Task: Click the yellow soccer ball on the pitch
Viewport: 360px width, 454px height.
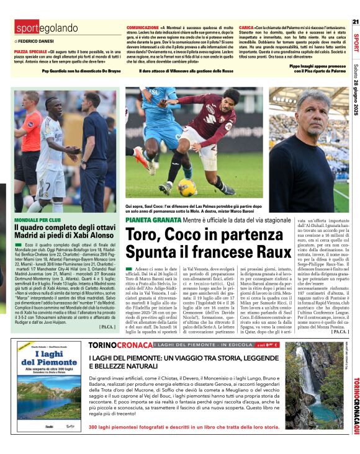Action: click(x=187, y=186)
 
